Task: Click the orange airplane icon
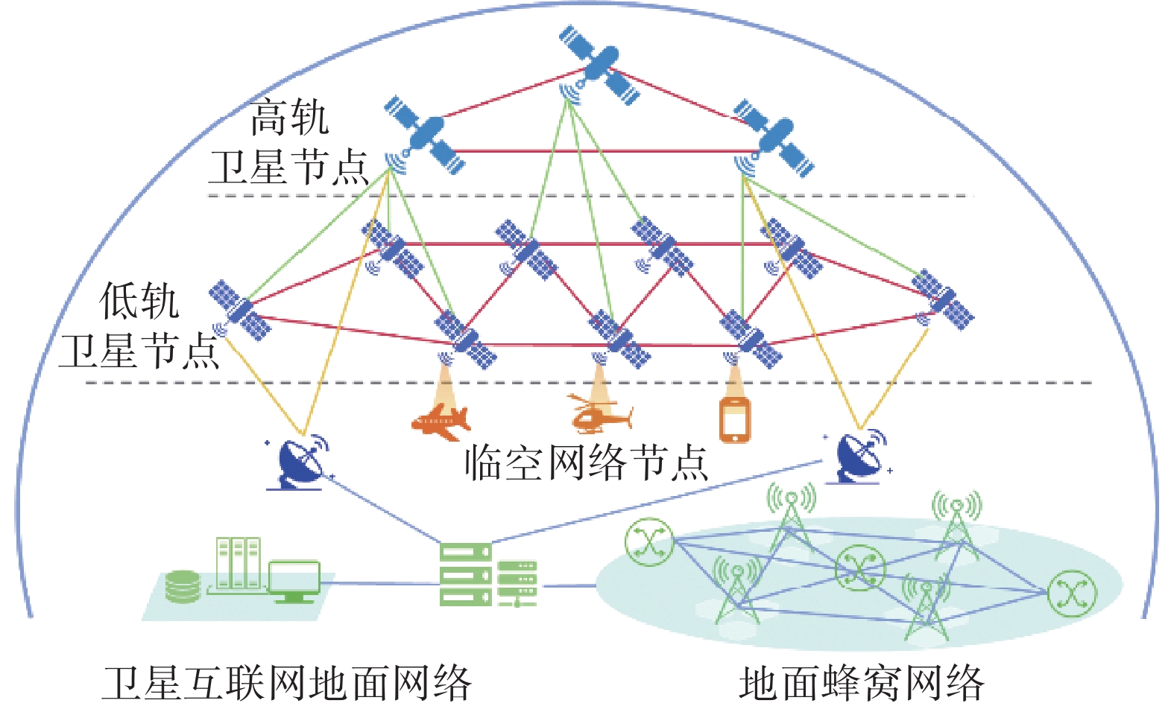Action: pos(441,422)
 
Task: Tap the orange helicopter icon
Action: pos(600,416)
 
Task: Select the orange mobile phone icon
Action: pos(735,421)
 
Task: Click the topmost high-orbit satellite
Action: pos(599,65)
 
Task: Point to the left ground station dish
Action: pos(300,463)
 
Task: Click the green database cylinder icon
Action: pos(183,586)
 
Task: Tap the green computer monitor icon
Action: pos(294,582)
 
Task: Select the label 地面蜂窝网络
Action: pos(861,684)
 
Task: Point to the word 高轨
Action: pos(289,118)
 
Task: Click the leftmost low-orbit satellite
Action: pos(239,311)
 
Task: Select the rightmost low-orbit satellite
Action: pos(943,300)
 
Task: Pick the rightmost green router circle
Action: pos(1073,594)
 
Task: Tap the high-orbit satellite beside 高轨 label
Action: pos(424,135)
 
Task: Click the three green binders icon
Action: pos(239,564)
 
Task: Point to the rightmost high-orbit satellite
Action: pos(774,138)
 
